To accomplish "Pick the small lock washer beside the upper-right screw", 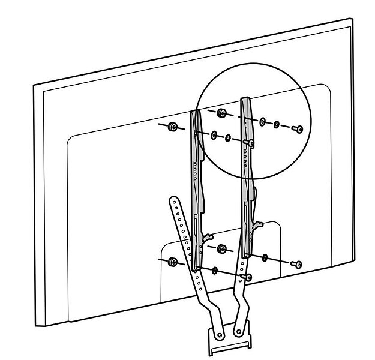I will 277,125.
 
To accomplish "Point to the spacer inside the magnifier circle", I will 221,112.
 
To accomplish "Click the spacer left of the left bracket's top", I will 172,126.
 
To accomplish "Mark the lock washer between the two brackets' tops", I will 227,139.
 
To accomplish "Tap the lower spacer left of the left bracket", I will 172,262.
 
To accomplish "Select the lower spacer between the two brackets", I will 221,248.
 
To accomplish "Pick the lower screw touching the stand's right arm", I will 248,277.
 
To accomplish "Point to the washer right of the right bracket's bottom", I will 265,258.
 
